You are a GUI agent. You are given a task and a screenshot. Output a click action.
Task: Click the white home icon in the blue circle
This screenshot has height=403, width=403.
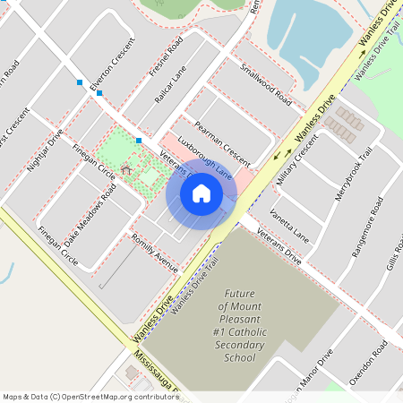[201, 193]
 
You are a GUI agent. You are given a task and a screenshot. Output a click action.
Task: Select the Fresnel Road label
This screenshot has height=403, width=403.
[167, 56]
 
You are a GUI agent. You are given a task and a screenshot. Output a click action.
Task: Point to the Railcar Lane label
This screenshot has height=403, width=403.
[170, 86]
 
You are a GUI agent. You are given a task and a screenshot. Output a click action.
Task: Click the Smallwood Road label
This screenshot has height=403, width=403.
[266, 83]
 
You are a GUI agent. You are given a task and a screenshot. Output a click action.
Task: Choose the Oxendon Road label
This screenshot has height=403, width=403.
[368, 367]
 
